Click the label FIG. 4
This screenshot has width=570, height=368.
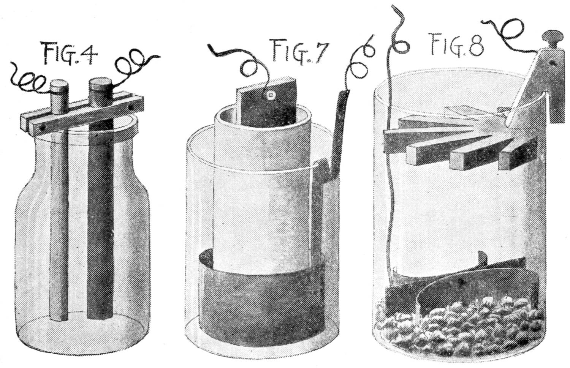pyautogui.click(x=70, y=54)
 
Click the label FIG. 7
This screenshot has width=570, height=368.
pyautogui.click(x=298, y=50)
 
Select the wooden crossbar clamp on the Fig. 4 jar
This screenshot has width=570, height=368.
pyautogui.click(x=82, y=115)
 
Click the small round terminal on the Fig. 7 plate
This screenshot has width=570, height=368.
pyautogui.click(x=271, y=96)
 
